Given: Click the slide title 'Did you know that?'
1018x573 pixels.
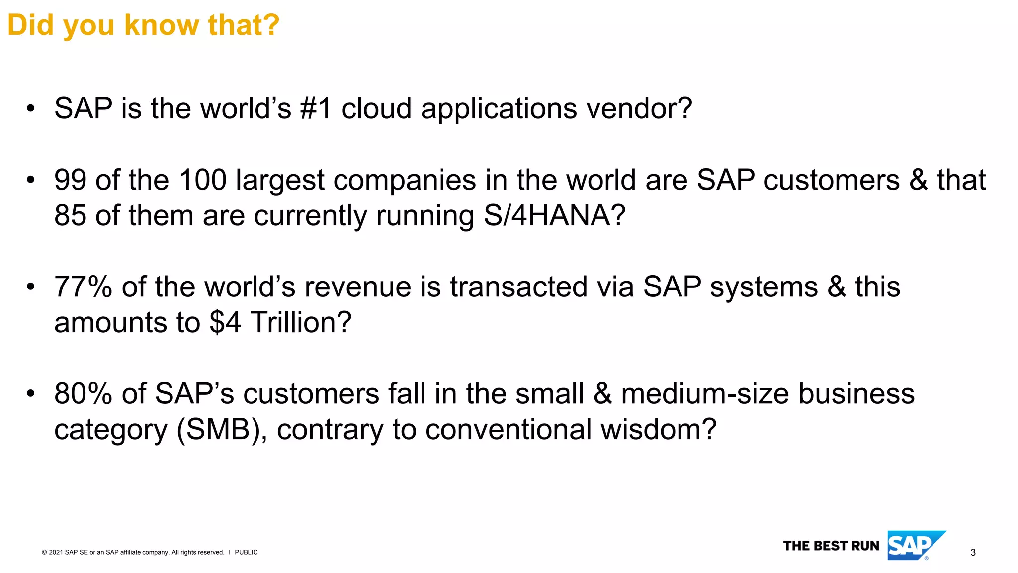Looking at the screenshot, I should (144, 25).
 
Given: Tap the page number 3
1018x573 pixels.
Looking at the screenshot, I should (973, 552).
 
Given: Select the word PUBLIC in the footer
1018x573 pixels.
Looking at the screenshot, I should (246, 552).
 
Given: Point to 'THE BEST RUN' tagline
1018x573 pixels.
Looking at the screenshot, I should (831, 546).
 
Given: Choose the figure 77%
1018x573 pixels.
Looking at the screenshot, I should (83, 287).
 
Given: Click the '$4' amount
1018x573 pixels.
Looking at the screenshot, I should (225, 322).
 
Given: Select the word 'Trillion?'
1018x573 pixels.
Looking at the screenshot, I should (301, 322).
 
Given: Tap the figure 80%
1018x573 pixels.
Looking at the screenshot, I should (83, 394).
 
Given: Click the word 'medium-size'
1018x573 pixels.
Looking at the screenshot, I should (705, 394).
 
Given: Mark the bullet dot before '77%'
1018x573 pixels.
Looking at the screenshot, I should (31, 287).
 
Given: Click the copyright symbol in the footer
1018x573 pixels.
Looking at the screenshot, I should (44, 552).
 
